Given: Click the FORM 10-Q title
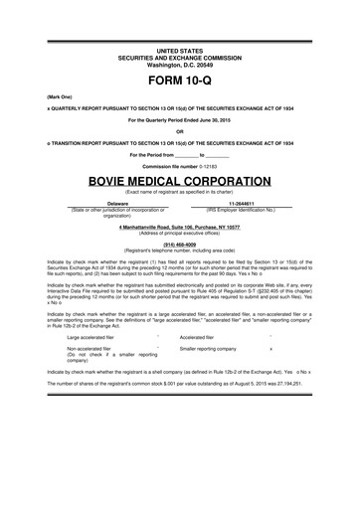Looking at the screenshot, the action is pos(180,79).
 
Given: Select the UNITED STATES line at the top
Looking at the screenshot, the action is pos(180,49).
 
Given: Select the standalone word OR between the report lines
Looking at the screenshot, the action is pos(180,131).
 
